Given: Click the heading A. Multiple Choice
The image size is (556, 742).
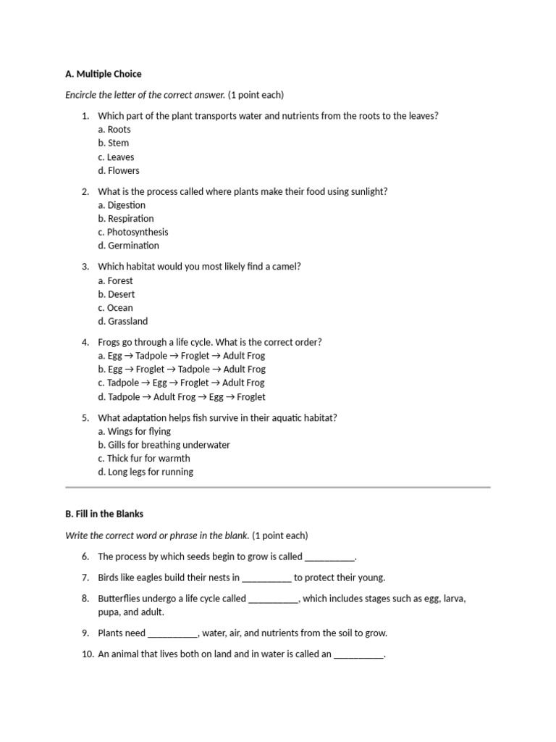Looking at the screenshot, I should (x=103, y=74).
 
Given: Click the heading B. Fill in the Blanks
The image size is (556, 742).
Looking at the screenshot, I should (x=104, y=514).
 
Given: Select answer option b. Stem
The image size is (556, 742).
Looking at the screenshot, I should (x=114, y=143).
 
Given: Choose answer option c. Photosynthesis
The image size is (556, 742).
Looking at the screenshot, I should (x=133, y=232).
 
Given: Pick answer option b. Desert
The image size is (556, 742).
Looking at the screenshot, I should (x=117, y=294).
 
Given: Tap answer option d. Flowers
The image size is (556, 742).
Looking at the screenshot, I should (x=119, y=170).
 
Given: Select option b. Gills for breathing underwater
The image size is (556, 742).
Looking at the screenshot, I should (x=164, y=445).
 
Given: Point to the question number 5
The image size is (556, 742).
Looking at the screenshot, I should (x=85, y=417).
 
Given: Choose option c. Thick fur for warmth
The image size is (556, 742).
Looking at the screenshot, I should (x=144, y=458).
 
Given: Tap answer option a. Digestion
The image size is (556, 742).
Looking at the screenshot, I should (x=122, y=205).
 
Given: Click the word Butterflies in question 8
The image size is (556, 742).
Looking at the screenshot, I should (x=121, y=599).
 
